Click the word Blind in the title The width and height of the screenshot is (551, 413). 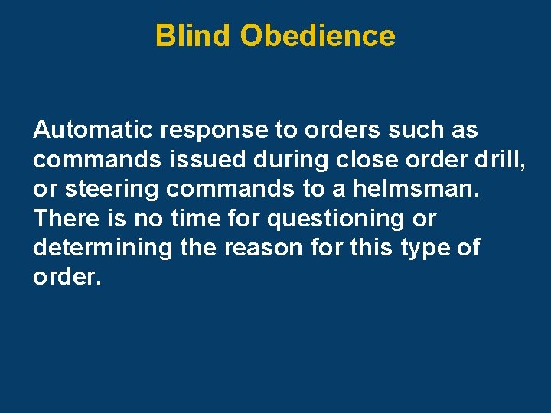click(193, 35)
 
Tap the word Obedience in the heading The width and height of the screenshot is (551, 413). click(317, 35)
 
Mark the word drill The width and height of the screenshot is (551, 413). click(500, 160)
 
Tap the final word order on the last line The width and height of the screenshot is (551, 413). click(67, 278)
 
